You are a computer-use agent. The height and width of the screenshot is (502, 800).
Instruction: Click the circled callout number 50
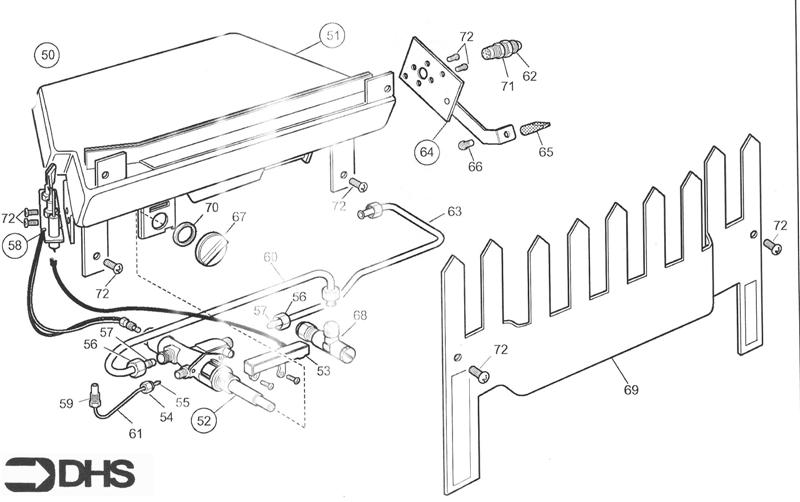click(46, 53)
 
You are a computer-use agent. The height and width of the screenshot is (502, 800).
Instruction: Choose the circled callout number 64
click(427, 152)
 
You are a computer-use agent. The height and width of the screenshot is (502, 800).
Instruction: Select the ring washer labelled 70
click(184, 235)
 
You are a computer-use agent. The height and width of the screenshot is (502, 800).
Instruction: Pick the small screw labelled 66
click(466, 147)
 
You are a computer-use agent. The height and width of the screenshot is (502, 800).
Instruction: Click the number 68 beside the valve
click(359, 315)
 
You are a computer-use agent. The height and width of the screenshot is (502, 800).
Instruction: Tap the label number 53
click(322, 371)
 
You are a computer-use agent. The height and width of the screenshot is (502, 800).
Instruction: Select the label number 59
click(66, 404)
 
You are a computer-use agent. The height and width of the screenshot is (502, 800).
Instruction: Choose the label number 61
click(135, 433)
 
